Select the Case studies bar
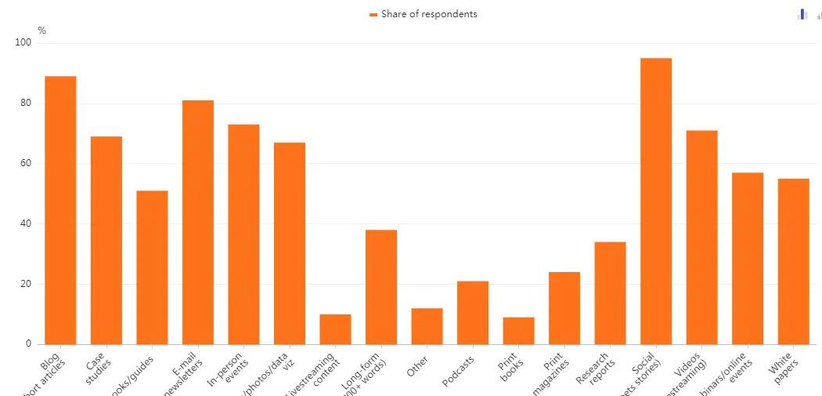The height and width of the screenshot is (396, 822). pos(106,240)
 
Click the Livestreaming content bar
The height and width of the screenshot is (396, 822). pos(335,329)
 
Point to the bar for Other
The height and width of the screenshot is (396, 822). pos(427,326)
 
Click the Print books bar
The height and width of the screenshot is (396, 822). pos(518,330)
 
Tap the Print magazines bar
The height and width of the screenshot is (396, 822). pos(564,308)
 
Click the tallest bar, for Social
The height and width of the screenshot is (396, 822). pos(656,201)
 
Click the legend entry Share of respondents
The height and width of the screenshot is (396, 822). pos(424,14)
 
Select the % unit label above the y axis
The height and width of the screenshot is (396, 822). pos(41,31)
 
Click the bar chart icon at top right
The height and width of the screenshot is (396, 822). pos(802,14)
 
